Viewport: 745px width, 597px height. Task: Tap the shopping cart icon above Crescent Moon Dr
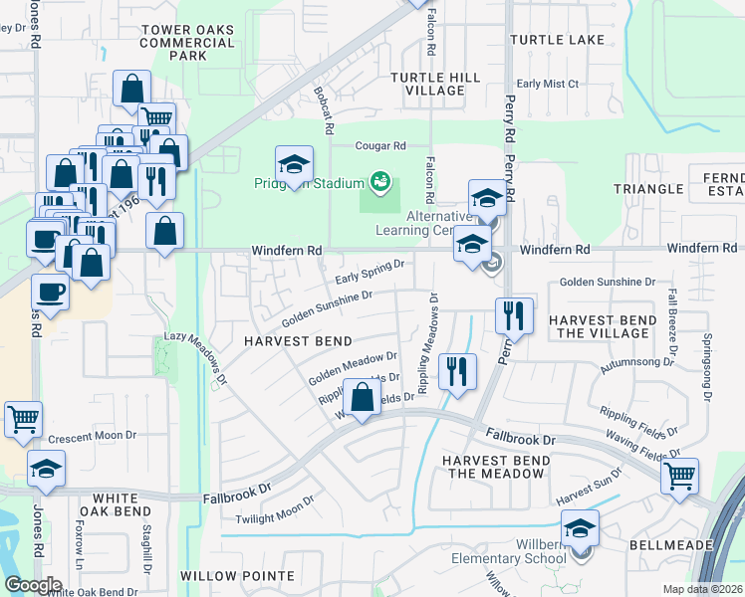[24, 419]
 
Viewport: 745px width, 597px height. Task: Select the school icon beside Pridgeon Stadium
[294, 164]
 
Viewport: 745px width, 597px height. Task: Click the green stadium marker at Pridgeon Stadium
[378, 181]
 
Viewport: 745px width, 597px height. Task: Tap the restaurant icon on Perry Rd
[514, 315]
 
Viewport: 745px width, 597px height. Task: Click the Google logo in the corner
[33, 585]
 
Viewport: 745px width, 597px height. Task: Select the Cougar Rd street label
[382, 145]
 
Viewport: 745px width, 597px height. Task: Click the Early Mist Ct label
[547, 85]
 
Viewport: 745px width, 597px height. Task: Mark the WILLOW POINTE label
[237, 576]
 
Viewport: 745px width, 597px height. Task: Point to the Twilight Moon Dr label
[275, 511]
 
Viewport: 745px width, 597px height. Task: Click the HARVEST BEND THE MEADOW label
[496, 467]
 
